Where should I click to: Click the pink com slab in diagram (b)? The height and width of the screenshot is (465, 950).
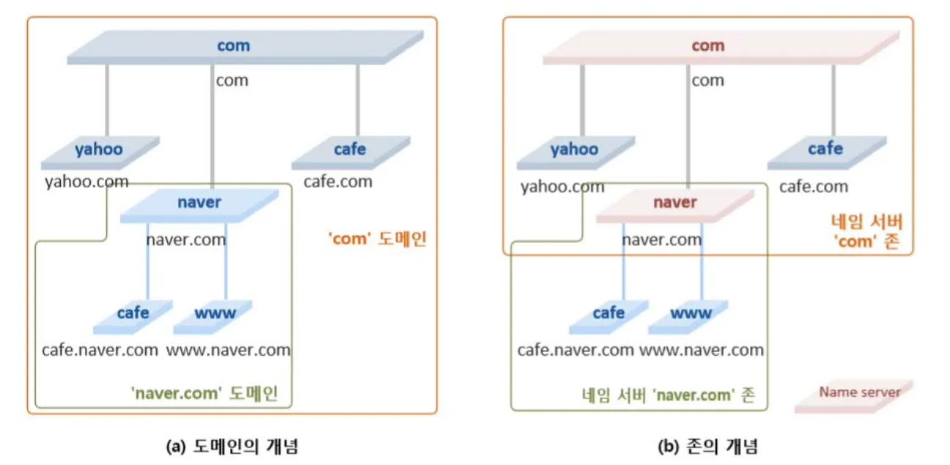tap(708, 47)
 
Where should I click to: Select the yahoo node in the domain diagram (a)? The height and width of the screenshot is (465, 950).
tap(100, 151)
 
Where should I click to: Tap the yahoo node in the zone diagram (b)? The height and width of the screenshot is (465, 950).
tap(575, 151)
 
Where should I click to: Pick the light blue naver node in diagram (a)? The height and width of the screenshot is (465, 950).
tap(199, 204)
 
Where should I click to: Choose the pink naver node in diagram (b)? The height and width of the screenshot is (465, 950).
tap(675, 204)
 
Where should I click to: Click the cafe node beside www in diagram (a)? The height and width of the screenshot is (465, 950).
tap(133, 315)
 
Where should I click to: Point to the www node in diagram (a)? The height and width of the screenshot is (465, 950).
tap(215, 315)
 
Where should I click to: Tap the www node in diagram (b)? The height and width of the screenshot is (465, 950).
tap(691, 315)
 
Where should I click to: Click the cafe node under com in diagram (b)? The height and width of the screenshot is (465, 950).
tap(825, 150)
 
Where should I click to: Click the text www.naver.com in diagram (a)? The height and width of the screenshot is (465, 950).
tap(228, 350)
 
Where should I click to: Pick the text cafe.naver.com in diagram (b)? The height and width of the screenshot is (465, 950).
tap(575, 350)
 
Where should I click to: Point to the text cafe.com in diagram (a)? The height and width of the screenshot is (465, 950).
tap(338, 181)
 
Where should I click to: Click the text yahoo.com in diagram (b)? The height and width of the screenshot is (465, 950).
tap(562, 187)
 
